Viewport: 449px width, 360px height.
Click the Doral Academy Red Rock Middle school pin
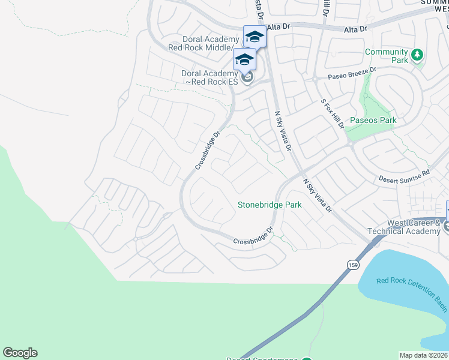[x=255, y=37]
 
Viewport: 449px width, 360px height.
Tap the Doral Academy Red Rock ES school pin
[x=244, y=59]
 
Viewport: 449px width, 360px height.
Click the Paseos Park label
[x=375, y=121]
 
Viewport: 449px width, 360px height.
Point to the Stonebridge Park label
[x=270, y=205]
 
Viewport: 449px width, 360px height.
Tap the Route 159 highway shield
[x=353, y=265]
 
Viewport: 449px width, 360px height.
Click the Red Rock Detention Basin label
[x=412, y=294]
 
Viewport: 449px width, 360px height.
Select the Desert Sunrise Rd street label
[x=405, y=175]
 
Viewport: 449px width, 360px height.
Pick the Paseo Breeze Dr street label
[x=352, y=74]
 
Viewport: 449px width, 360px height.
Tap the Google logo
[x=20, y=353]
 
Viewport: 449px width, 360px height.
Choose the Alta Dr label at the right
[x=357, y=29]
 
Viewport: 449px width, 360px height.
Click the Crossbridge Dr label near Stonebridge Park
[x=254, y=236]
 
